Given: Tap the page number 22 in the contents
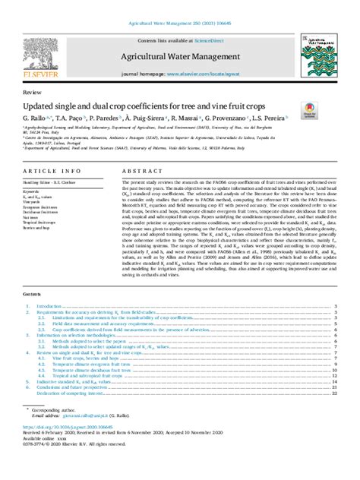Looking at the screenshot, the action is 334,394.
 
